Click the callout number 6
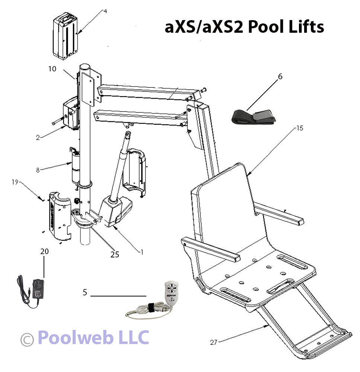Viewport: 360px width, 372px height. click(x=280, y=77)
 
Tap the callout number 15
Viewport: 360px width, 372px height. click(x=300, y=128)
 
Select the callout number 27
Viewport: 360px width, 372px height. click(x=213, y=343)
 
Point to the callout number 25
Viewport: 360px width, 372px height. click(x=114, y=254)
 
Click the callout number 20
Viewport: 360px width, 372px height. click(x=44, y=251)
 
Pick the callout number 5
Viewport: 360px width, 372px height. click(x=85, y=292)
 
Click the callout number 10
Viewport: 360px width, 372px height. click(x=52, y=69)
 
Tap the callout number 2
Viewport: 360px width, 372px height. click(x=38, y=137)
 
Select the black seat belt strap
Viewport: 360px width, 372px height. click(x=253, y=116)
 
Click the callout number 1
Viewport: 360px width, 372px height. click(x=141, y=251)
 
